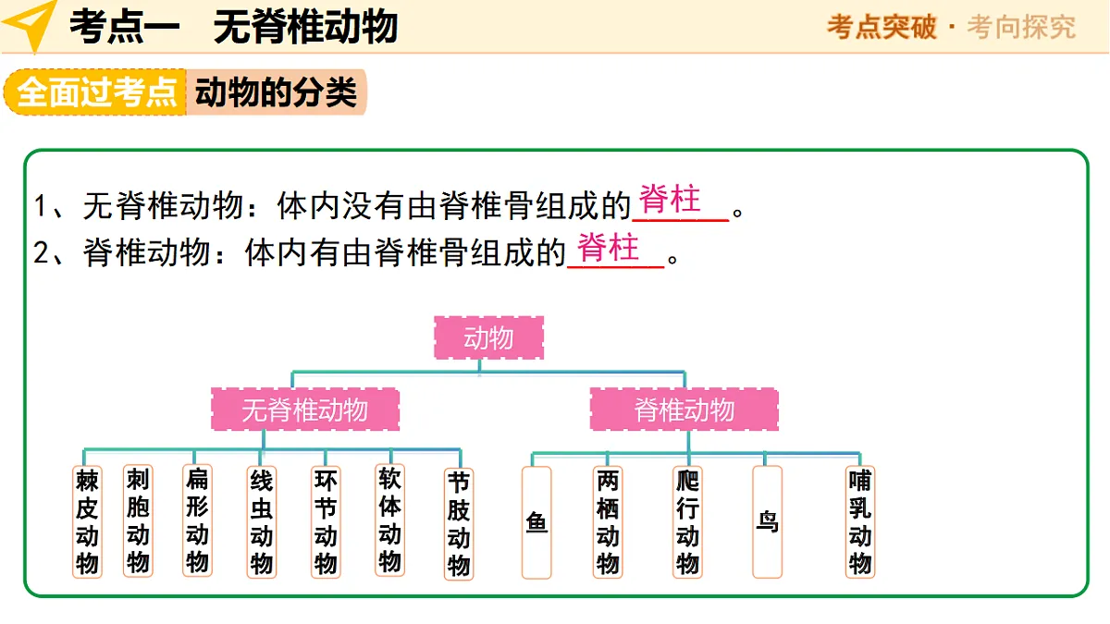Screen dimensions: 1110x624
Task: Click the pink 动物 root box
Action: click(x=488, y=337)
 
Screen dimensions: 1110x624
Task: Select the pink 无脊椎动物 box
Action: click(x=305, y=410)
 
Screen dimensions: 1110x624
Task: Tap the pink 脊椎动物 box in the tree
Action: click(x=684, y=410)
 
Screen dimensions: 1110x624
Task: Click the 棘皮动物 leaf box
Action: click(x=87, y=522)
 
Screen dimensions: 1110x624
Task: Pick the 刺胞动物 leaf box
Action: click(x=138, y=521)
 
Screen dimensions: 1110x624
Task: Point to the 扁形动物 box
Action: click(x=197, y=520)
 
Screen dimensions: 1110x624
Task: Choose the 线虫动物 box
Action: click(x=262, y=522)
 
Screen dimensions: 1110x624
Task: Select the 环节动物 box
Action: click(x=326, y=522)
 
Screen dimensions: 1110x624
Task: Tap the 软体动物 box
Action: click(x=390, y=520)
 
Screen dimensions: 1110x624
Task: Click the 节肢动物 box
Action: click(x=459, y=524)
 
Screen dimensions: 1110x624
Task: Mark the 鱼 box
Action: click(x=536, y=522)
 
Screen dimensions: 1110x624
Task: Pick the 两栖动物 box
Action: click(x=608, y=522)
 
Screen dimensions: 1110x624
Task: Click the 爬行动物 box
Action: click(x=688, y=522)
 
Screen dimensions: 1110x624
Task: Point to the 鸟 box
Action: click(x=768, y=522)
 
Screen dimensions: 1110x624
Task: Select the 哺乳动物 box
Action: click(x=860, y=522)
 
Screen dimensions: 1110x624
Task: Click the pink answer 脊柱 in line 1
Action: click(x=670, y=199)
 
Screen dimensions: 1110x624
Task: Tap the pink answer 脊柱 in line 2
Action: click(x=608, y=247)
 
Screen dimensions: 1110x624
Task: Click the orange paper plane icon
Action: click(x=31, y=25)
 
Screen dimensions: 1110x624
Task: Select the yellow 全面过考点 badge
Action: click(x=96, y=92)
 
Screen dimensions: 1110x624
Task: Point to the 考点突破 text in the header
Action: click(x=882, y=27)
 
